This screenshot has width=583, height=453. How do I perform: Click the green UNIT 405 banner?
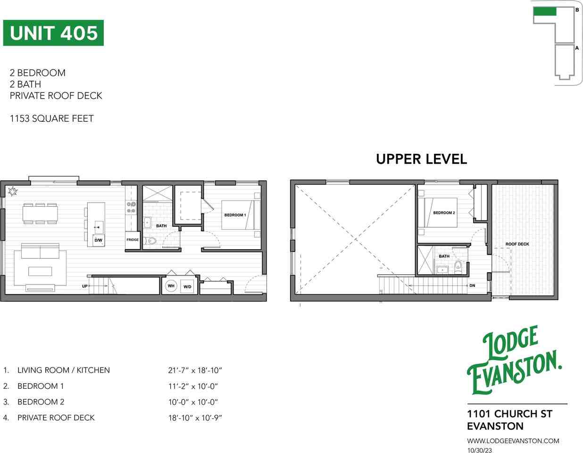53,33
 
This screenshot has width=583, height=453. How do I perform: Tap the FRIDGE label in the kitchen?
133,240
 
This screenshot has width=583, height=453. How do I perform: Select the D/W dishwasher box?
99,240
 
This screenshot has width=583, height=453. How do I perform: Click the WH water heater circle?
171,286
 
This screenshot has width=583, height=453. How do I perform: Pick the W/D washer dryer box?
187,286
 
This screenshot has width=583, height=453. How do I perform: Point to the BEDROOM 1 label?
235,215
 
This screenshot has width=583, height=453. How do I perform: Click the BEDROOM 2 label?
444,213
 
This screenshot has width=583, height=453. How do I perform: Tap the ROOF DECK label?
517,244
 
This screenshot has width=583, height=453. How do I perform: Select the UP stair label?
85,286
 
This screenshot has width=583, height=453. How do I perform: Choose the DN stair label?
472,285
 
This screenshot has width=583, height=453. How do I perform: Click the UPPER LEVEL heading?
422,159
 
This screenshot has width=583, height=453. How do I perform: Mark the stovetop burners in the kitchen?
131,208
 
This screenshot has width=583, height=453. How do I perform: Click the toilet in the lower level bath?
150,241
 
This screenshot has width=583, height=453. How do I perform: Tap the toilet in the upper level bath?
458,265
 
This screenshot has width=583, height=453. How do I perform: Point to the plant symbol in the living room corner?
13,191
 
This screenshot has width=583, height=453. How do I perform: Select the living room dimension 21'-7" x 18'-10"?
195,370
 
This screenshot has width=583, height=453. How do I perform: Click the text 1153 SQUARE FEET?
52,118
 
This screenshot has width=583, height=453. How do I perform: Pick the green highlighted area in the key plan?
545,11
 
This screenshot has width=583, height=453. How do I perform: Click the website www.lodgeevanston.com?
513,441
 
